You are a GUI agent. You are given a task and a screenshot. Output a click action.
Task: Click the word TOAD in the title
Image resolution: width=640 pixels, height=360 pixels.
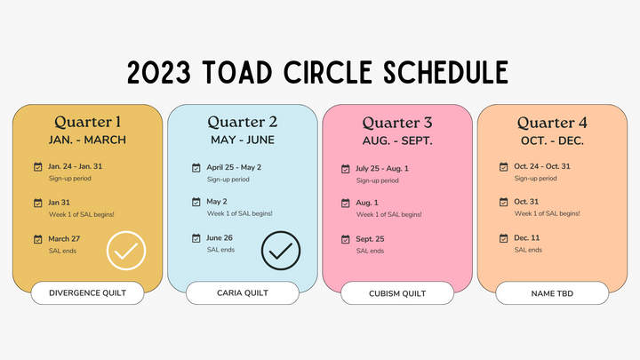237,72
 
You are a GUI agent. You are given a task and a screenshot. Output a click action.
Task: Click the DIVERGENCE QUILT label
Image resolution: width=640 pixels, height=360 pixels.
87,293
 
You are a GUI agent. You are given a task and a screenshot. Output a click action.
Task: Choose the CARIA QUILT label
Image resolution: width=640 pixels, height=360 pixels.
243,293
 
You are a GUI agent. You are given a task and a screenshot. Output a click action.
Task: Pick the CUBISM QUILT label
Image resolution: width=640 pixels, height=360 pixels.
397,294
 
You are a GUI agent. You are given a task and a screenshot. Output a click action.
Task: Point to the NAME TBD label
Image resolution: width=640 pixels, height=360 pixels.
552,294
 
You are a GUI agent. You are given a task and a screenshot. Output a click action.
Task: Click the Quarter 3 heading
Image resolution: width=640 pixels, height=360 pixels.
397,123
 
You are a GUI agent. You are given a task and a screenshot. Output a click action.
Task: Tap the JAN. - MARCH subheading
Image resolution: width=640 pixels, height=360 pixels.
87,140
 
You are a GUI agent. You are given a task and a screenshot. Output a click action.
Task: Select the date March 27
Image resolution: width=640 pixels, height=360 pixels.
64,239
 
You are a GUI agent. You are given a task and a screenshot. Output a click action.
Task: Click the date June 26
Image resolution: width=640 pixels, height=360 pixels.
220,238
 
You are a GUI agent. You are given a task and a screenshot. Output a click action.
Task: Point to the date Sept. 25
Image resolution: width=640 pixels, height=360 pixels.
370,239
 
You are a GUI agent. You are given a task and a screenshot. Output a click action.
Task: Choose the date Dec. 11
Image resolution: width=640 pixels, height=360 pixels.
526,238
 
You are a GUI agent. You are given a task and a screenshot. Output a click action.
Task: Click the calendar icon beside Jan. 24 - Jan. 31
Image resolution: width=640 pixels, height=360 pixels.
38,166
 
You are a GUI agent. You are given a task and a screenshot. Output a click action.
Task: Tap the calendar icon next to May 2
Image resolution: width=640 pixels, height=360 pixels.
196,202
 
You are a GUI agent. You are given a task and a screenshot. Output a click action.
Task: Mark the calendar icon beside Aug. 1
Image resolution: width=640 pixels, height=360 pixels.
345,203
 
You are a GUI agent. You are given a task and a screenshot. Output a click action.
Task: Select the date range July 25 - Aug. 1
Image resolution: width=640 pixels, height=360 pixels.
381,169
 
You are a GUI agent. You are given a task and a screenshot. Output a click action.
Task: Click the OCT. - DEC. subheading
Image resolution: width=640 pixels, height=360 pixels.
552,140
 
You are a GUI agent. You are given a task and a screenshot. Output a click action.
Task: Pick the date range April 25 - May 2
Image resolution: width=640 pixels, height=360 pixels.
234,167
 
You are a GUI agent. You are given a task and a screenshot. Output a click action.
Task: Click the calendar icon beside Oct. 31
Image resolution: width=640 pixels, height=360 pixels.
504,202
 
